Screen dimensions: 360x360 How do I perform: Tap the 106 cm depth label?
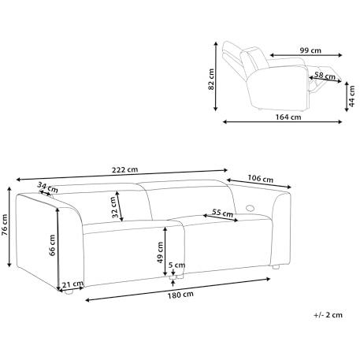[x=261, y=177]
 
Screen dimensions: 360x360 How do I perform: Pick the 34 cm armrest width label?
[x=47, y=187]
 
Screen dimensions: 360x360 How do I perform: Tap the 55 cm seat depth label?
[x=223, y=213]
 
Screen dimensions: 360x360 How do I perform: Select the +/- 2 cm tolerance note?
[x=328, y=314]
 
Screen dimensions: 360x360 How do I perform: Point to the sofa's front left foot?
[x=69, y=292]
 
